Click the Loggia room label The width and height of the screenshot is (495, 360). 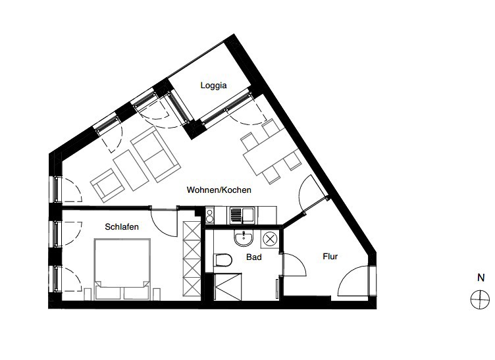click(x=213, y=86)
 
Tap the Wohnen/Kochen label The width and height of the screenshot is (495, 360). click(x=219, y=190)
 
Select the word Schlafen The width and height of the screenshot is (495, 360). click(x=122, y=227)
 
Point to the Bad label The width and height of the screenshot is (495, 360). click(x=254, y=257)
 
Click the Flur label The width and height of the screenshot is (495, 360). click(x=330, y=257)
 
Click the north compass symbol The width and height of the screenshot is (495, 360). click(x=480, y=299)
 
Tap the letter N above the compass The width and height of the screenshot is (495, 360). click(x=481, y=278)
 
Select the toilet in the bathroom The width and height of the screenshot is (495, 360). click(x=223, y=261)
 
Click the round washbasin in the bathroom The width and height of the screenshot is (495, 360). click(x=244, y=238)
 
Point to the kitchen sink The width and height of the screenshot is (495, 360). click(x=242, y=215)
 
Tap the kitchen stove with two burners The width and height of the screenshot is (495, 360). click(x=209, y=215)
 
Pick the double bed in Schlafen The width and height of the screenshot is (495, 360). click(x=122, y=269)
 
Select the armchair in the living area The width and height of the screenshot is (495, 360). click(x=107, y=186)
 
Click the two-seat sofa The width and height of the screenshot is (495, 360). click(x=155, y=154)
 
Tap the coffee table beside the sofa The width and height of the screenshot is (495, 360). click(x=131, y=170)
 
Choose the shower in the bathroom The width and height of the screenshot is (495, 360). click(x=228, y=286)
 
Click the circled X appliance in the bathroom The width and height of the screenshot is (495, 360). click(x=270, y=239)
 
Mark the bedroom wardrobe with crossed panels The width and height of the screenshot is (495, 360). click(x=192, y=259)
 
